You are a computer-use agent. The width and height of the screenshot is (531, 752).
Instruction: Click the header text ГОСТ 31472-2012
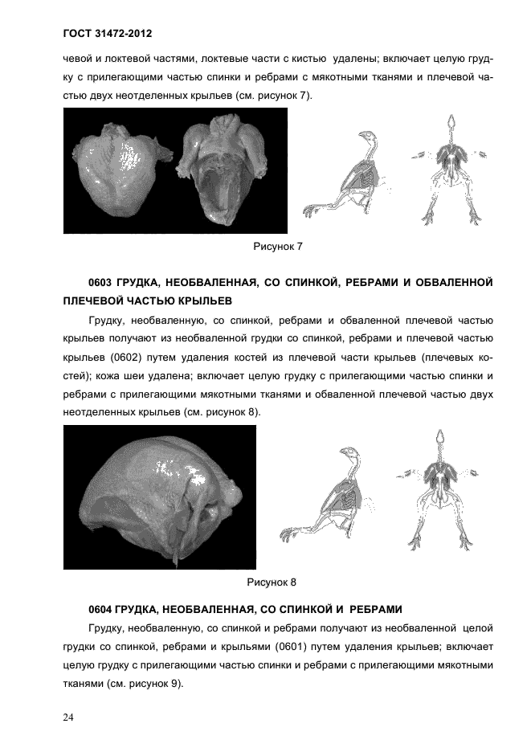coord(107,35)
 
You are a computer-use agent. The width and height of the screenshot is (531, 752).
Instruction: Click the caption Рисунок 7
coord(277,246)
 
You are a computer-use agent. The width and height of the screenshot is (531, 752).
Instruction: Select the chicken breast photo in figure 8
coord(159,497)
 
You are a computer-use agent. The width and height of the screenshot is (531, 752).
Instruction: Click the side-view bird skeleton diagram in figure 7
coord(345,173)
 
